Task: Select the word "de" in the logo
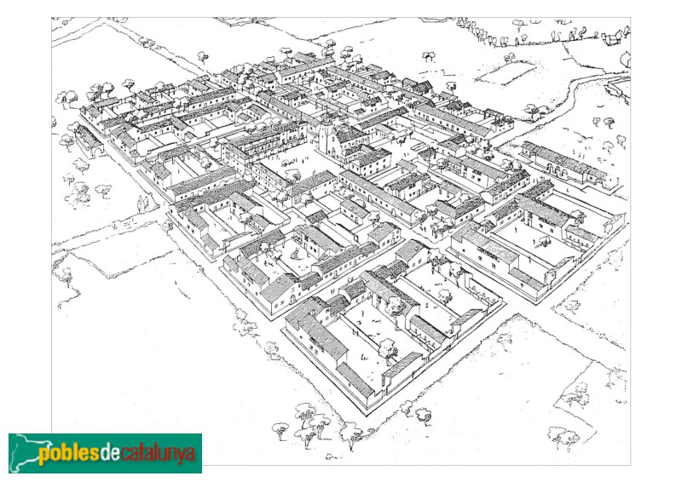[110, 452]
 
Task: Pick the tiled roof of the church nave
[351, 135]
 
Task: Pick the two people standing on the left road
[143, 204]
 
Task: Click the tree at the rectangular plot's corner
[509, 58]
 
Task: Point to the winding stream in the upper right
[588, 85]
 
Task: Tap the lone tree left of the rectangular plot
[427, 56]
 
